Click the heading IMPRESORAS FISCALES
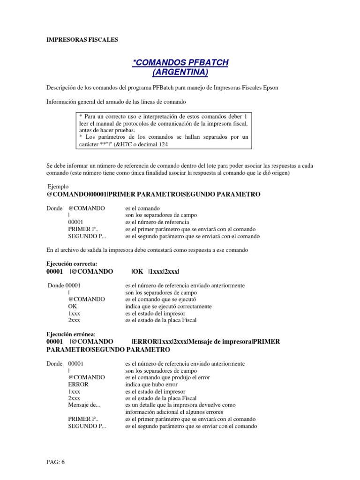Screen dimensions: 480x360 82,40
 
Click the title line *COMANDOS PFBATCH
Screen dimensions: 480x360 180,62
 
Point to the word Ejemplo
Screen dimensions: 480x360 58,186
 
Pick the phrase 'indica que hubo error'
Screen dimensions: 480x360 151,384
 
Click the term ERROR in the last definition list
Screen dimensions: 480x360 78,384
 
